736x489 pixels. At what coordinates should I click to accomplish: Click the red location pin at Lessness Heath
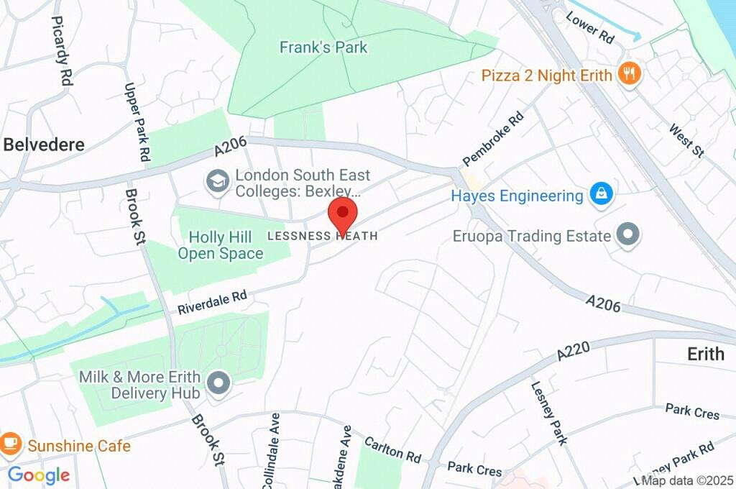point(343,214)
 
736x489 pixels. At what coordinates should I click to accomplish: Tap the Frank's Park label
point(323,47)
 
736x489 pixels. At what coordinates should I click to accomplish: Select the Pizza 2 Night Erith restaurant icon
point(630,74)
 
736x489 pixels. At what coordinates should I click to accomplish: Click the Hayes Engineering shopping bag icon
point(600,194)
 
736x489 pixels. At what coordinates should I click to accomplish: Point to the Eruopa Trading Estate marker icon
point(629,234)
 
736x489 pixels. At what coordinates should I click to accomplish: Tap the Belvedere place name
point(44,145)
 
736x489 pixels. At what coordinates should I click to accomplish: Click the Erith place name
point(705,354)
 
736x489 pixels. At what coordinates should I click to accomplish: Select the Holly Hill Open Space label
point(221,244)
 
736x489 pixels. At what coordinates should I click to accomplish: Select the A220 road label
point(574,352)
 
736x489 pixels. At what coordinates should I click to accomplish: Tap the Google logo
point(38,475)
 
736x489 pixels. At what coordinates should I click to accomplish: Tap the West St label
point(686,141)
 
